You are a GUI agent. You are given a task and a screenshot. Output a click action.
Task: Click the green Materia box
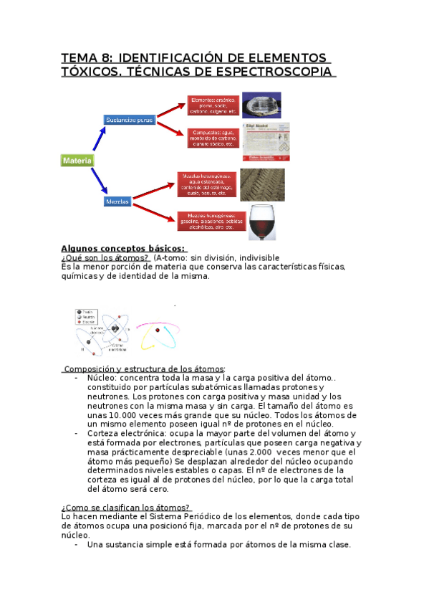click(77, 161)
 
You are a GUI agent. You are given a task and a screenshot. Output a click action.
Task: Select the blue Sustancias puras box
click(130, 120)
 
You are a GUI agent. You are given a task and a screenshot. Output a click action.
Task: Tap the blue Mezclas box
click(117, 202)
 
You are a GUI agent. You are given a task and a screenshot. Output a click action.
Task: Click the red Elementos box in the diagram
click(212, 105)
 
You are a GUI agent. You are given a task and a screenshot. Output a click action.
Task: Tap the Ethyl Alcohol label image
click(265, 141)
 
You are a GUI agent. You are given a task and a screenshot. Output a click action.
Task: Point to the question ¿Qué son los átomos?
click(105, 258)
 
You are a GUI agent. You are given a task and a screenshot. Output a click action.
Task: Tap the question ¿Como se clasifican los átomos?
click(125, 507)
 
